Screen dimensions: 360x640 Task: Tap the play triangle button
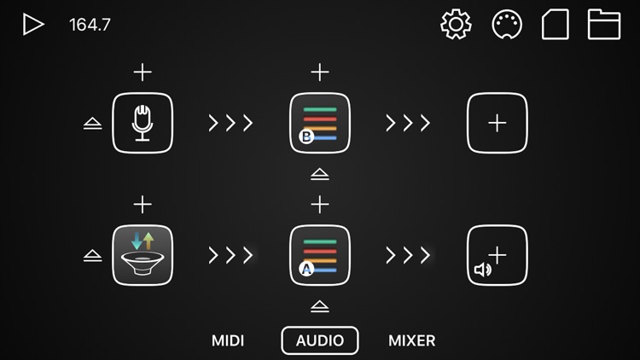(x=33, y=25)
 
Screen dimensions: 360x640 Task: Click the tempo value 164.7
(x=90, y=25)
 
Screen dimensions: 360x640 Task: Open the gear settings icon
(x=456, y=24)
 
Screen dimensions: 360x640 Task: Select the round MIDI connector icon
(x=508, y=24)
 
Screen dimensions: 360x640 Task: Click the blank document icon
(x=556, y=24)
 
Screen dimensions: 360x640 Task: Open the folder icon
(x=604, y=24)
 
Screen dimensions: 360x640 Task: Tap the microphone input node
(x=143, y=123)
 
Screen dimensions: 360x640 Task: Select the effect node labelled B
(x=320, y=123)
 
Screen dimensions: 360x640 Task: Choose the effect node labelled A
(x=320, y=255)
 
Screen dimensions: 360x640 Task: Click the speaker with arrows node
(x=143, y=255)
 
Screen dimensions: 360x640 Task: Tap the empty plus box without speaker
(x=497, y=123)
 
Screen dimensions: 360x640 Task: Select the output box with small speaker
(x=497, y=255)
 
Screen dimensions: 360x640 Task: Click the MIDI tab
(x=228, y=340)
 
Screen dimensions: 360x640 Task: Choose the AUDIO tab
(x=320, y=340)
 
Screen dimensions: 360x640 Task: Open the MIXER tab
(x=412, y=340)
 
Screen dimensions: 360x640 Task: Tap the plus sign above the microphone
(x=143, y=73)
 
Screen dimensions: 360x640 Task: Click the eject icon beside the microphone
(x=93, y=124)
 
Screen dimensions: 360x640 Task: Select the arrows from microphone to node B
(x=231, y=123)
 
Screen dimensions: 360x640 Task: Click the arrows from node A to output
(x=408, y=255)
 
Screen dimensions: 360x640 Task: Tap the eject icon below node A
(x=320, y=306)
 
